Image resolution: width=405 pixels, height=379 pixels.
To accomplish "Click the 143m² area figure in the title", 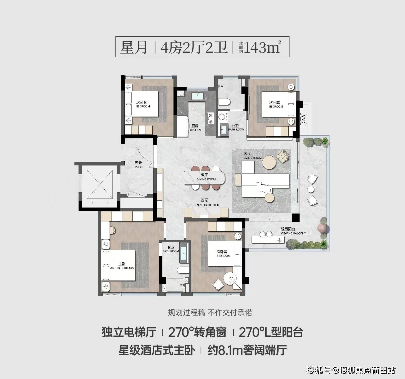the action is tap(262, 47).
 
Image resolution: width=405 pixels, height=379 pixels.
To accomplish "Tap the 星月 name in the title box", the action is tap(134, 47).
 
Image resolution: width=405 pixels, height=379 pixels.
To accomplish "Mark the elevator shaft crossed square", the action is tap(100, 184).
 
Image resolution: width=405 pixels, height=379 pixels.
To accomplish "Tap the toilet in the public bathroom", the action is tap(224, 102).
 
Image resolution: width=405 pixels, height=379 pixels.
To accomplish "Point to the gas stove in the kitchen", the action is tap(210, 118).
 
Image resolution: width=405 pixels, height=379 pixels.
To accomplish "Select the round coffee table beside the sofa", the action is tap(269, 163).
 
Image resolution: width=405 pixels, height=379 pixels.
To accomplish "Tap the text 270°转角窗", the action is tap(197, 332).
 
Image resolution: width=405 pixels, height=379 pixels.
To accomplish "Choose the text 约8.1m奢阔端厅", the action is tap(247, 350).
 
